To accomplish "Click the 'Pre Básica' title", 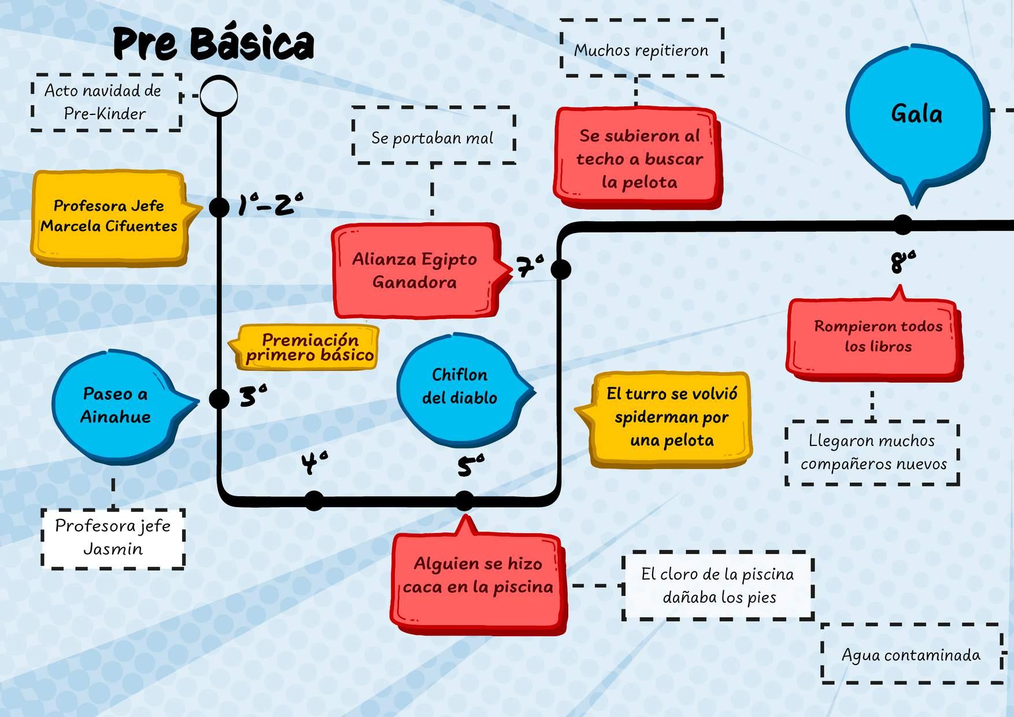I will (213, 44).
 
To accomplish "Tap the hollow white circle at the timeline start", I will (219, 95).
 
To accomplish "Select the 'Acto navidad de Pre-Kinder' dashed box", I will (106, 102).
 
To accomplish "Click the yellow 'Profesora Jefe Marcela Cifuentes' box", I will (109, 216).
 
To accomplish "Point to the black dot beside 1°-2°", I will (219, 207).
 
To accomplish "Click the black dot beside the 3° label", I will (219, 399).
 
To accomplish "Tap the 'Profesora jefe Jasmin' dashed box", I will (113, 538).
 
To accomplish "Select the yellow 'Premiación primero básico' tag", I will (309, 347).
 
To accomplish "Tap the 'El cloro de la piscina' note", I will (718, 586).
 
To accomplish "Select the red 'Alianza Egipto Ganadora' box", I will (415, 270).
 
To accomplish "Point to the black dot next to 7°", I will (560, 269).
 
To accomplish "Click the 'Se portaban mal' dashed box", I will (433, 138).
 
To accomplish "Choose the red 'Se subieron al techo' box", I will (638, 158).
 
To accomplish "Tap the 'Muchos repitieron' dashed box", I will (641, 50).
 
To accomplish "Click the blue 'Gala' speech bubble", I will (916, 116).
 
